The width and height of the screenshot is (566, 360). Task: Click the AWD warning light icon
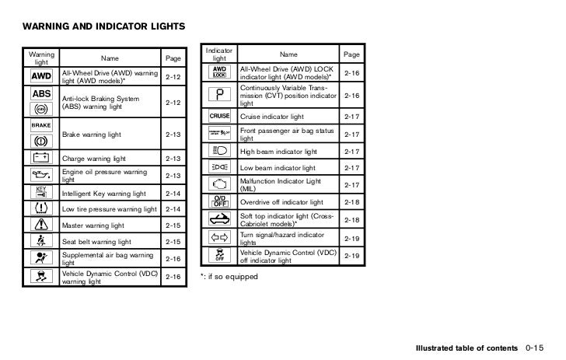click(41, 77)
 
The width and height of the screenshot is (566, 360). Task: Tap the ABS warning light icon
click(41, 93)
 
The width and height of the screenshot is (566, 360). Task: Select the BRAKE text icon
click(41, 124)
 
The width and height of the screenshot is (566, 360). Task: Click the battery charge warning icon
click(41, 159)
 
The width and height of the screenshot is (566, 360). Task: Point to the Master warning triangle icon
click(41, 225)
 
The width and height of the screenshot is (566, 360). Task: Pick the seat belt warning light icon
click(41, 242)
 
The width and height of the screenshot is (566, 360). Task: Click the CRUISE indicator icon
click(219, 117)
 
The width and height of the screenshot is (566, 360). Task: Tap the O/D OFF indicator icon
click(219, 201)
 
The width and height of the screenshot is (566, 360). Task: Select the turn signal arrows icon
click(219, 236)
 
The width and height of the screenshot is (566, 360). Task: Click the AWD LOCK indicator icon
click(219, 72)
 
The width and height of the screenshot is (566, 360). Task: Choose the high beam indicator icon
click(219, 151)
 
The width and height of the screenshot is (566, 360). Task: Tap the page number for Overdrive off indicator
click(351, 201)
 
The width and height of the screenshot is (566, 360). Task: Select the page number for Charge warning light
click(173, 159)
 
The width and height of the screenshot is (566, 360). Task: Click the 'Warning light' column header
click(41, 58)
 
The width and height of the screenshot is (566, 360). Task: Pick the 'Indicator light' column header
click(219, 54)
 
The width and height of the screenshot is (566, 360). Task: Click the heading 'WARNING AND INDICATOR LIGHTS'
click(104, 27)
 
